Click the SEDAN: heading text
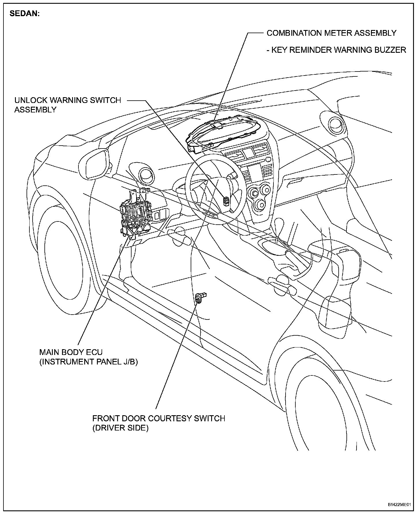[25, 14]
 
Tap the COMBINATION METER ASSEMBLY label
[331, 33]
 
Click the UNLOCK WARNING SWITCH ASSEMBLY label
[67, 105]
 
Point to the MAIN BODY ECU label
[71, 352]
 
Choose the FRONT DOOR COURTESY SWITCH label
[158, 418]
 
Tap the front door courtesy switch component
[199, 298]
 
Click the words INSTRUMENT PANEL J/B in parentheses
[88, 362]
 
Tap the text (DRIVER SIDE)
[120, 428]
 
